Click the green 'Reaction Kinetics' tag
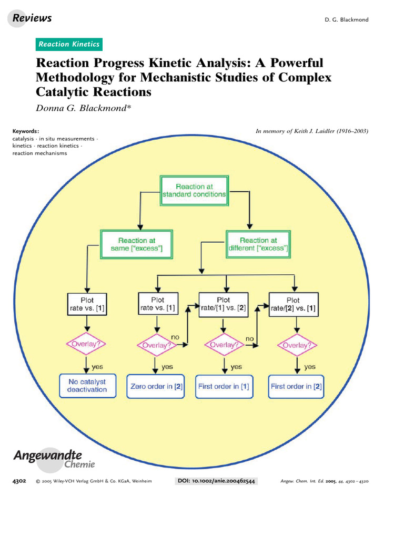(x=69, y=44)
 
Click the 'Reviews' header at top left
(x=32, y=18)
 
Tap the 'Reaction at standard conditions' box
(x=194, y=190)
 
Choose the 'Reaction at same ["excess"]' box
(x=137, y=244)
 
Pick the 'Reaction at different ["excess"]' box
(x=258, y=244)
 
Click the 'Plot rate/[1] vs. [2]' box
(x=223, y=304)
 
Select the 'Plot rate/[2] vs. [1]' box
(x=294, y=304)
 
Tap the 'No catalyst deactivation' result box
(x=87, y=386)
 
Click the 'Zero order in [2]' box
(x=156, y=386)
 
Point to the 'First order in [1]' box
(x=224, y=386)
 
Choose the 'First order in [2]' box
(x=296, y=386)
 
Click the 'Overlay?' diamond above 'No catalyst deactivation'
(x=86, y=344)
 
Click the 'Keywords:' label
(x=26, y=131)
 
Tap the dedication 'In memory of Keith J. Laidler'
(x=312, y=131)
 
